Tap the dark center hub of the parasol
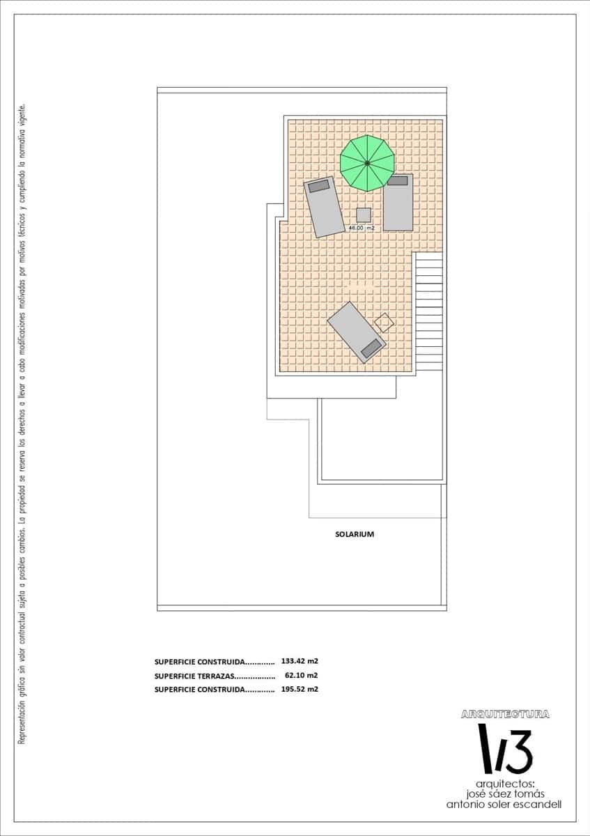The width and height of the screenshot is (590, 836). point(367,164)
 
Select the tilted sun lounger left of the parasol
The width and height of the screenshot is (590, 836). point(325,207)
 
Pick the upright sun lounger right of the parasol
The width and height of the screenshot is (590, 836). point(398,203)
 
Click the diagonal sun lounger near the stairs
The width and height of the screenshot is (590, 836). point(356,332)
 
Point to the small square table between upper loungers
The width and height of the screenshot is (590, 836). point(364,215)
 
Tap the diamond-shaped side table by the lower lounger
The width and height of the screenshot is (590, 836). point(384,323)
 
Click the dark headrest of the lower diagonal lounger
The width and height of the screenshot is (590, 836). point(371,348)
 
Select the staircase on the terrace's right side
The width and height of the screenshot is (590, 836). point(428,311)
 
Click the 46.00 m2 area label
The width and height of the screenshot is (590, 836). point(362,228)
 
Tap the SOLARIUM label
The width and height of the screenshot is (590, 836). point(355,534)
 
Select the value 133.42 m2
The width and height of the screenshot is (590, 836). point(300,661)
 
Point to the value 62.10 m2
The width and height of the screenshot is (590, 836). point(301,675)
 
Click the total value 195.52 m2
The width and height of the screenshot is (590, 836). point(300,689)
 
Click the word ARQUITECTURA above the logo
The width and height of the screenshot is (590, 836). point(505,714)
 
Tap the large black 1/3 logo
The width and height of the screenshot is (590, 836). point(504,748)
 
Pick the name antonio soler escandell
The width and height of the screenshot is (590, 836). point(504,804)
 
